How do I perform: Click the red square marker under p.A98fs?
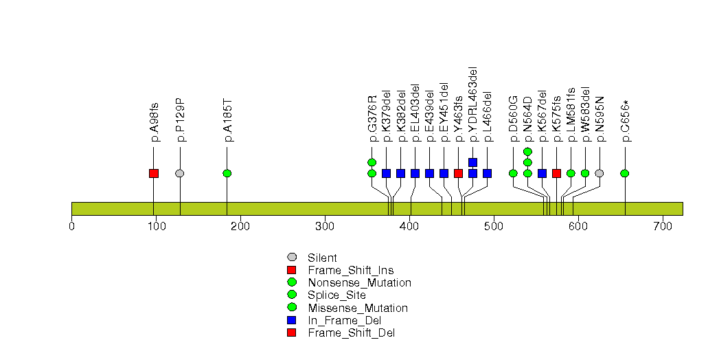pyautogui.click(x=154, y=173)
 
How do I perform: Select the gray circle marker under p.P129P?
pyautogui.click(x=180, y=173)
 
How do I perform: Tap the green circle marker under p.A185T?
pyautogui.click(x=227, y=173)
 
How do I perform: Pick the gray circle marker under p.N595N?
pyautogui.click(x=600, y=173)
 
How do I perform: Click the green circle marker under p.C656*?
pyautogui.click(x=625, y=173)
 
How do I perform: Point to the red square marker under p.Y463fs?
pyautogui.click(x=458, y=173)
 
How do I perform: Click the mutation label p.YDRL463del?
pyautogui.click(x=473, y=104)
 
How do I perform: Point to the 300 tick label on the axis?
pyautogui.click(x=325, y=226)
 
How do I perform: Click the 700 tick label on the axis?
pyautogui.click(x=663, y=226)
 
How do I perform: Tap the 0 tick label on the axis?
pyautogui.click(x=72, y=226)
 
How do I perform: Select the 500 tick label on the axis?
pyautogui.click(x=494, y=226)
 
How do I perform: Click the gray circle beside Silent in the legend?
pyautogui.click(x=292, y=258)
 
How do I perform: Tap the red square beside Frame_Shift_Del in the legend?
pyautogui.click(x=292, y=333)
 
